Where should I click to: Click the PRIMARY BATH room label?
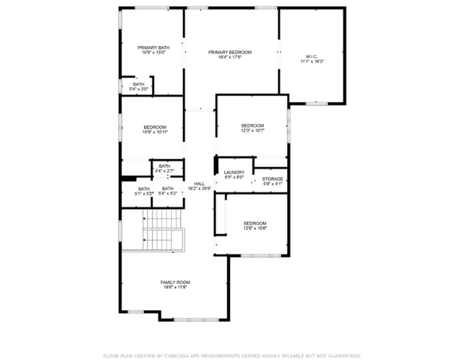(x=153, y=47)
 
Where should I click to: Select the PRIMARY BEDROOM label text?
(x=229, y=52)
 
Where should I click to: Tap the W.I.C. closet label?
(x=312, y=56)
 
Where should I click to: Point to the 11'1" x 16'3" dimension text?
(x=312, y=61)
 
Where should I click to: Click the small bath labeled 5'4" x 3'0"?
(x=138, y=87)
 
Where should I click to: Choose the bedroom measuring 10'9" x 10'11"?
(x=155, y=130)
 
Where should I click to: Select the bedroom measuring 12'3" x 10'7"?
(x=252, y=128)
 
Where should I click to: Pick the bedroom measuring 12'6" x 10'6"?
(x=255, y=226)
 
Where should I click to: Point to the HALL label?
(x=199, y=184)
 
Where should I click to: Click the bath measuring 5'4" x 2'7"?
(x=164, y=168)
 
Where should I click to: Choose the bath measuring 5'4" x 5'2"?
(x=168, y=192)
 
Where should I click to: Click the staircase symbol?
(x=163, y=229)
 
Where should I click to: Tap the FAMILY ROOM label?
(x=174, y=282)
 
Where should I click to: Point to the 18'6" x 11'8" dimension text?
(x=174, y=288)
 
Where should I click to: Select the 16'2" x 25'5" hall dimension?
(x=199, y=189)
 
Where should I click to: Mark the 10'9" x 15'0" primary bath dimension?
(x=153, y=53)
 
